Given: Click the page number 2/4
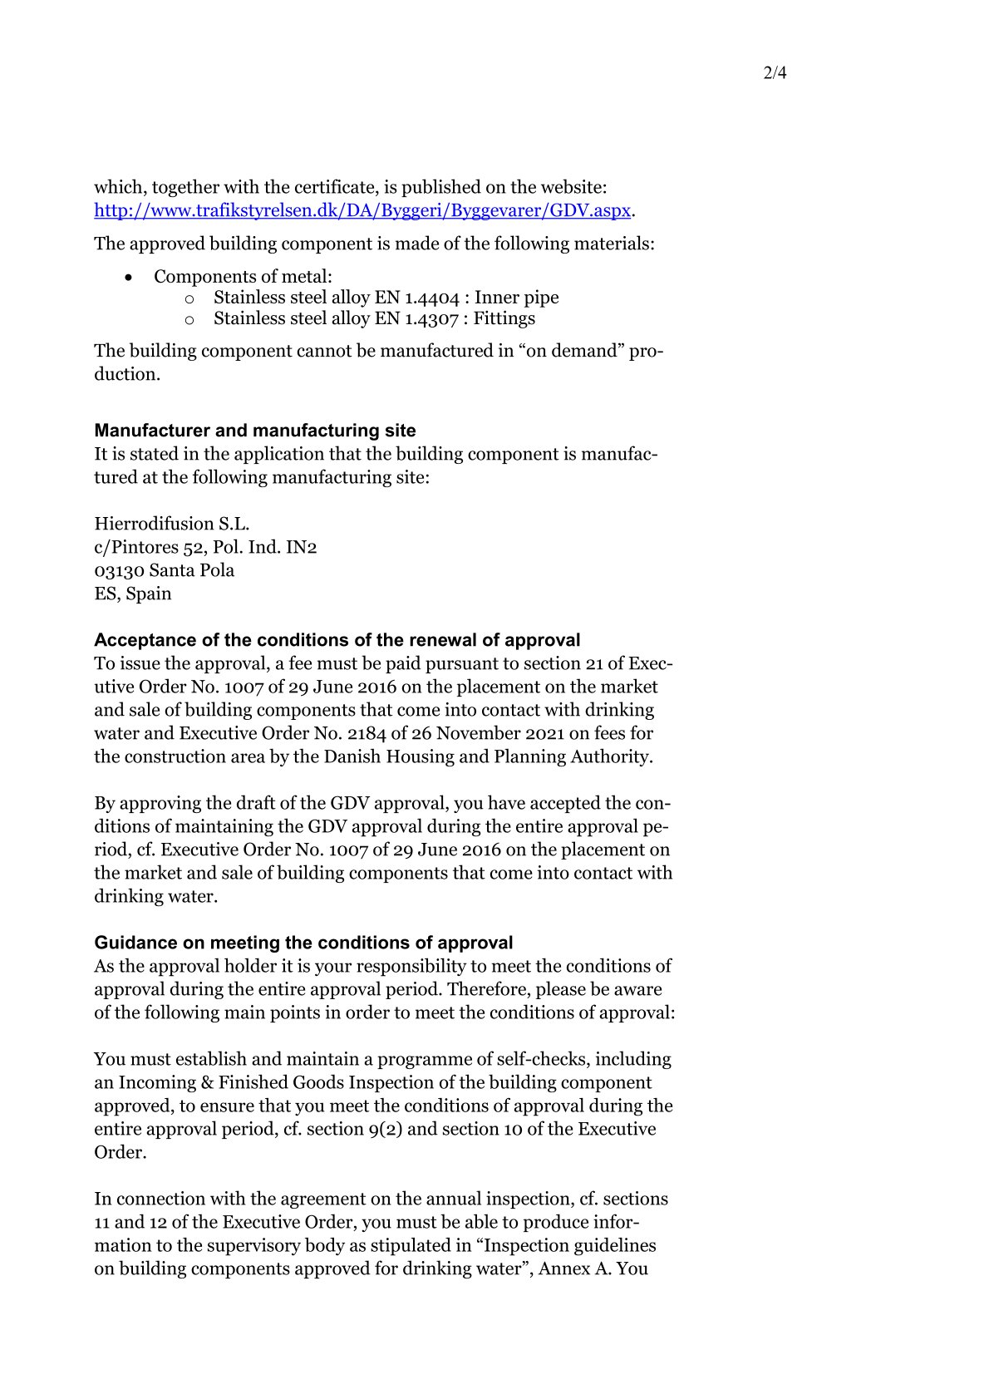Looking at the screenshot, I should pyautogui.click(x=774, y=73).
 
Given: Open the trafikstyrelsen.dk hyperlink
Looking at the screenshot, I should pyautogui.click(x=362, y=210).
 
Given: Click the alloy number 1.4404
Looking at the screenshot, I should pyautogui.click(x=431, y=298).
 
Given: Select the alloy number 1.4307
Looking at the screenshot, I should pyautogui.click(x=431, y=318).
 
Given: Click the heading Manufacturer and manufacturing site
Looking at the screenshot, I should pyautogui.click(x=255, y=431).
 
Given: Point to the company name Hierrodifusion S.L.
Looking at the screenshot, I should pyautogui.click(x=172, y=524).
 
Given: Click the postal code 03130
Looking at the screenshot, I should pyautogui.click(x=119, y=570).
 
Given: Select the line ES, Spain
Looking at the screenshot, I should pyautogui.click(x=133, y=594).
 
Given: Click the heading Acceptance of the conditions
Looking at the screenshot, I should pyautogui.click(x=337, y=640).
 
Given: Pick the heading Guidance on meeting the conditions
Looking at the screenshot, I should pyautogui.click(x=303, y=943).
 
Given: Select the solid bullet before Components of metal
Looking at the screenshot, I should pyautogui.click(x=128, y=278).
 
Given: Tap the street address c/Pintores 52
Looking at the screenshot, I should pyautogui.click(x=148, y=547).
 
